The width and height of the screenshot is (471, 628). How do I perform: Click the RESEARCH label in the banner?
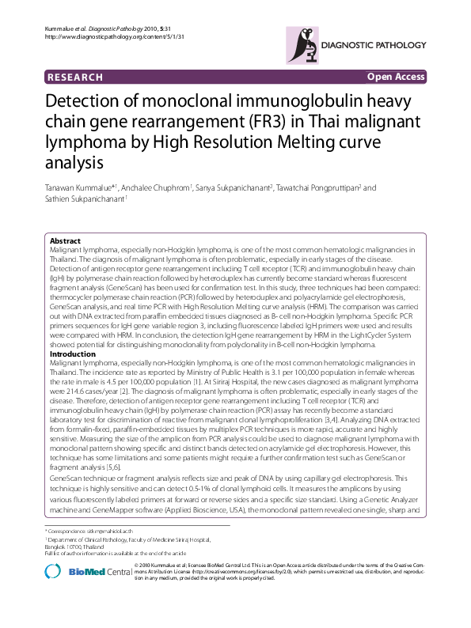(75, 77)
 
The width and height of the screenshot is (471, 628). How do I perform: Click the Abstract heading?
(65, 240)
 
